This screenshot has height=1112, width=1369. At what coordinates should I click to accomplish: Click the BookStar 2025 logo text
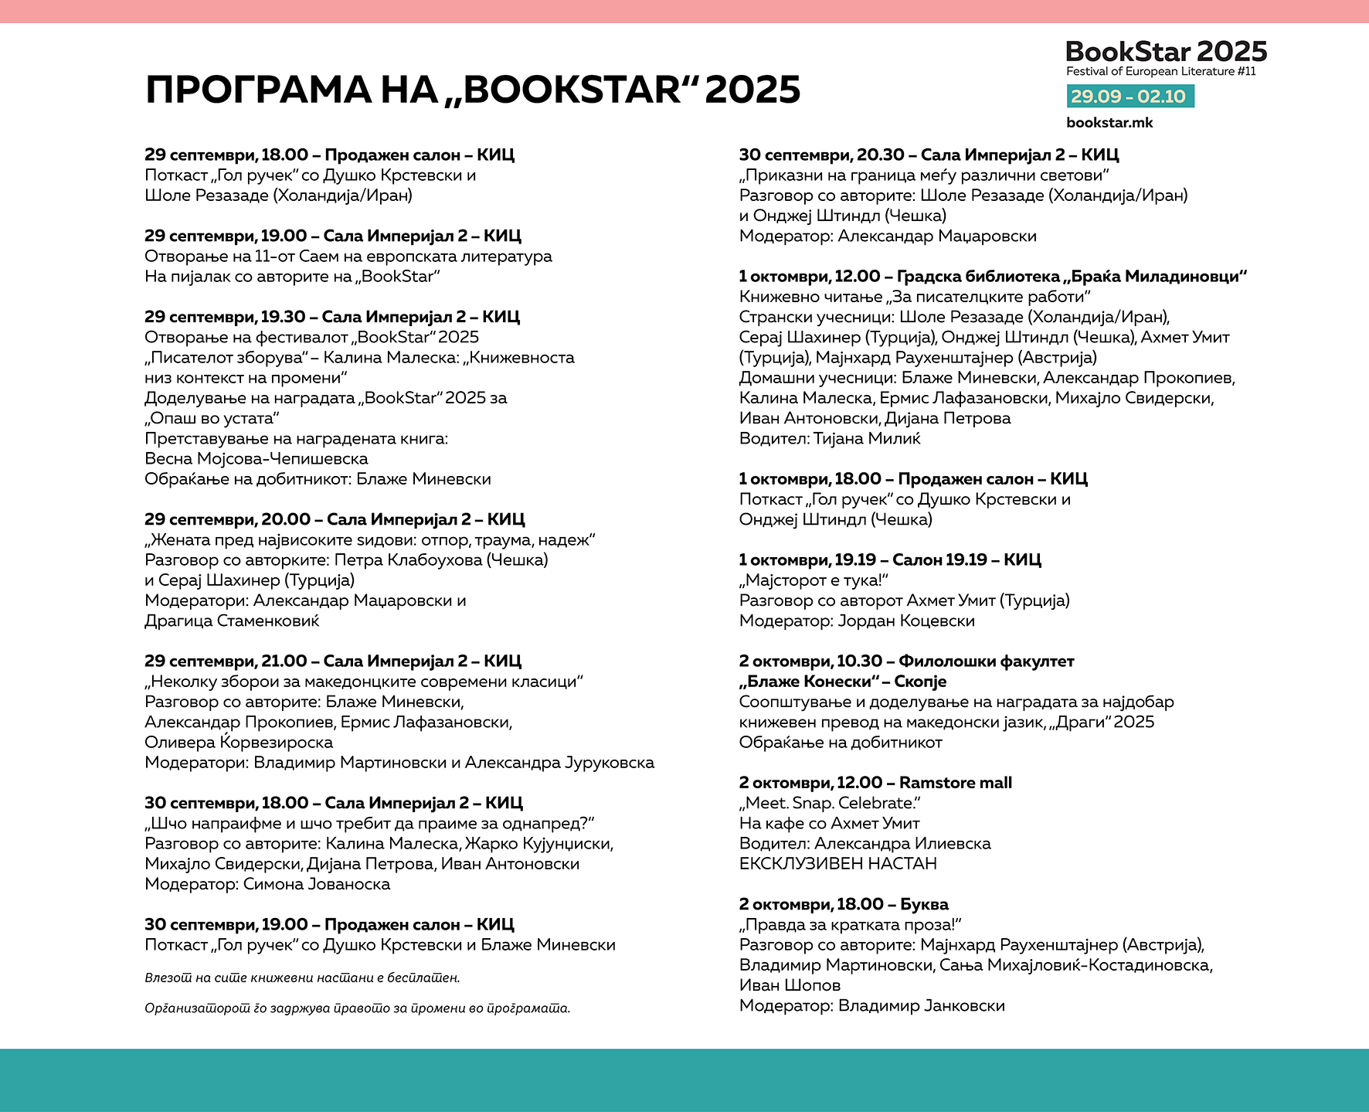tap(1166, 52)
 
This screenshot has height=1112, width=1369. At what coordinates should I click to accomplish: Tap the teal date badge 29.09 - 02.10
tap(1129, 97)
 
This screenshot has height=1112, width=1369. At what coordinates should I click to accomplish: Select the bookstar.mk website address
tap(1109, 123)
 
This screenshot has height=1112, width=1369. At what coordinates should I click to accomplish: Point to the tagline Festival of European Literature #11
tap(1160, 72)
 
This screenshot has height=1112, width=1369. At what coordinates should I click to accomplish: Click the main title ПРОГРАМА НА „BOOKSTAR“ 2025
tap(473, 90)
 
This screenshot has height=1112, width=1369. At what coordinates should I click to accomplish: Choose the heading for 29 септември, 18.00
tap(329, 155)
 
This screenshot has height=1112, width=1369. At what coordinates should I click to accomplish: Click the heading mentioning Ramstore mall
tap(875, 783)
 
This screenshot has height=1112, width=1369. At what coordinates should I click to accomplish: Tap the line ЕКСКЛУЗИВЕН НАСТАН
tap(837, 864)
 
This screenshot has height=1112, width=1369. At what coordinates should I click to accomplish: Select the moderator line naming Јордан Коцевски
tap(857, 621)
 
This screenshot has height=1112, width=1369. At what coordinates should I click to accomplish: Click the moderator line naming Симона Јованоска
tap(267, 884)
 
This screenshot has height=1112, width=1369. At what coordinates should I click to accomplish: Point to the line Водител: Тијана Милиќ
tap(830, 439)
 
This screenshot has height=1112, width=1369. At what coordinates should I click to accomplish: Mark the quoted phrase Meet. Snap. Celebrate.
tap(830, 803)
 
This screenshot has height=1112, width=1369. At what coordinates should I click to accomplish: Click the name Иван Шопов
tap(790, 985)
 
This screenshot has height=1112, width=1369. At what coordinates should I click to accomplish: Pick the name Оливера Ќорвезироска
tap(239, 743)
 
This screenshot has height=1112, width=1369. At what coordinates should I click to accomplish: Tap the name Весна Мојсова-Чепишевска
tap(256, 459)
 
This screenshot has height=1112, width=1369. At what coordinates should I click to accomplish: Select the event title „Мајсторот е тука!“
tap(814, 580)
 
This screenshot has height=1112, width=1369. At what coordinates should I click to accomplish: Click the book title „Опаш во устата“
tap(212, 419)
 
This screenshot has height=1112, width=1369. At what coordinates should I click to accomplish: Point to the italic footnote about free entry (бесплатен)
tap(302, 978)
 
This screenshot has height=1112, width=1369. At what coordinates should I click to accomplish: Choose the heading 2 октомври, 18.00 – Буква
tap(844, 904)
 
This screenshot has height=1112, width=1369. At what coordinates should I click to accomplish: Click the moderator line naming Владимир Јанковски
tap(871, 1006)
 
